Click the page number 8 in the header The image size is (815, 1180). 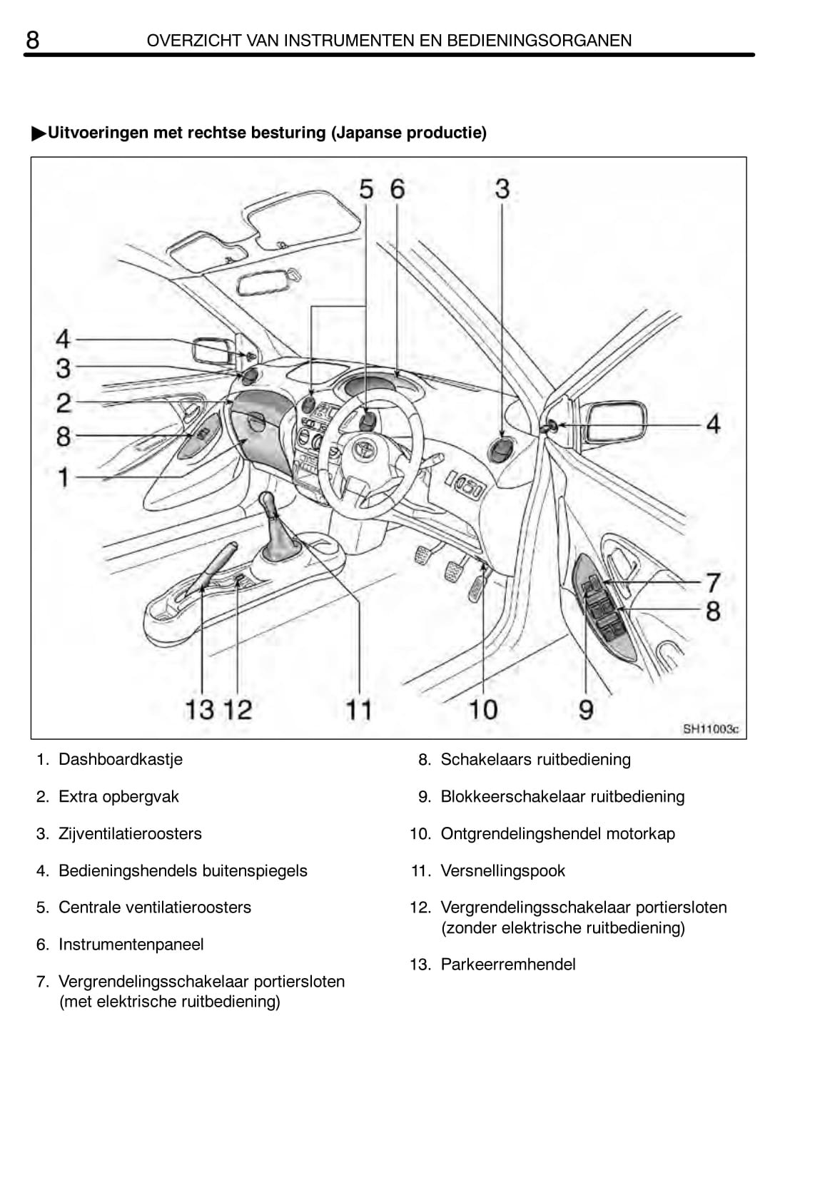(33, 39)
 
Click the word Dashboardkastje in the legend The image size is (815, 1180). (120, 759)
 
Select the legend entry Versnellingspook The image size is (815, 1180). (502, 870)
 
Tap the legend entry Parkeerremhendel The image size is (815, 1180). (507, 965)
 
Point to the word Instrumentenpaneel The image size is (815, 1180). (131, 945)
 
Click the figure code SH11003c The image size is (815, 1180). (710, 729)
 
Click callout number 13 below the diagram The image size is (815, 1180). (199, 709)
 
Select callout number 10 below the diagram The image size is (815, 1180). (482, 709)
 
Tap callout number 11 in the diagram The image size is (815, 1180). (359, 709)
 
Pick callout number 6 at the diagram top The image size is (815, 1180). (397, 189)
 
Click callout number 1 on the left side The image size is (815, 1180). (64, 477)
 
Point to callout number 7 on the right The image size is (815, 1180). (712, 582)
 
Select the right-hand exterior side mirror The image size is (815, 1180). (614, 424)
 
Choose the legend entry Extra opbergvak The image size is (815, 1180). (118, 796)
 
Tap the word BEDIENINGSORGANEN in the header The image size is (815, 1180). (539, 41)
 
